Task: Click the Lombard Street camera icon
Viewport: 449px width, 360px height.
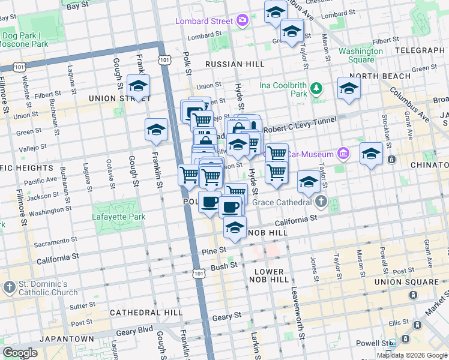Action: (242, 21)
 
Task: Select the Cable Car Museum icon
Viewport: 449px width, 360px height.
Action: (343, 154)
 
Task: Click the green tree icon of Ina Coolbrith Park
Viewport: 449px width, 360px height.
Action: (316, 90)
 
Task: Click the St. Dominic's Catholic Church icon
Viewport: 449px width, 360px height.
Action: (9, 287)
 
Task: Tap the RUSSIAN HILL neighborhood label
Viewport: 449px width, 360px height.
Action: (234, 64)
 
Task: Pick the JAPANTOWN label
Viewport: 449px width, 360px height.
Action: (65, 339)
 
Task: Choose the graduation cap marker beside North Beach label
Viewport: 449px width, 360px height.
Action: (349, 88)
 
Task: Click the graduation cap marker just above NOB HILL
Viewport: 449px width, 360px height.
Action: (235, 227)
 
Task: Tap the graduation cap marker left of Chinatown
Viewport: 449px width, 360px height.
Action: (371, 154)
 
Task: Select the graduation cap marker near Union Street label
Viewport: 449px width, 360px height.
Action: (139, 86)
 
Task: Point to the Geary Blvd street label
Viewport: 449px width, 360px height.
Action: (133, 331)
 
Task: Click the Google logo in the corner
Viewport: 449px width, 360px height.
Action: (20, 353)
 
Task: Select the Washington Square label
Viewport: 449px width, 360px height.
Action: (360, 56)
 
